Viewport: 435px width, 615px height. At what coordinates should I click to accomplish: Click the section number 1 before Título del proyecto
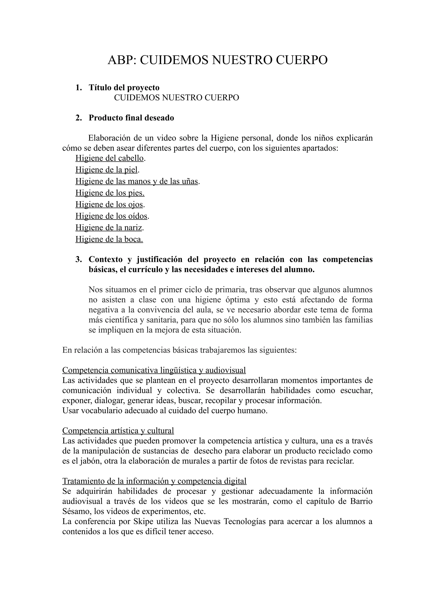pos(78,88)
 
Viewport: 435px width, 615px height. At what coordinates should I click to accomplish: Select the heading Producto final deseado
pos(131,118)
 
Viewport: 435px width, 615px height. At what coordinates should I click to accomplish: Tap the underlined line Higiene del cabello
pos(110,158)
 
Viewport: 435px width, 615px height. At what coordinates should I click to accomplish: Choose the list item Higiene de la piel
pos(106,170)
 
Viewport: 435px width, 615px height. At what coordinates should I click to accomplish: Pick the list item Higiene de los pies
pos(110,193)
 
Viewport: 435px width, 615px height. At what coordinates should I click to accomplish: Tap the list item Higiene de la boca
pos(109,239)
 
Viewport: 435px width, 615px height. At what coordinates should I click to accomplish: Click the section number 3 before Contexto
pos(78,259)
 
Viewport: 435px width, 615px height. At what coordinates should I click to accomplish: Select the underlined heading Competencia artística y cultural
pos(118,431)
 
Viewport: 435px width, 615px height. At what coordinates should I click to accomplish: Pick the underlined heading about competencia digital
pos(154,481)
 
